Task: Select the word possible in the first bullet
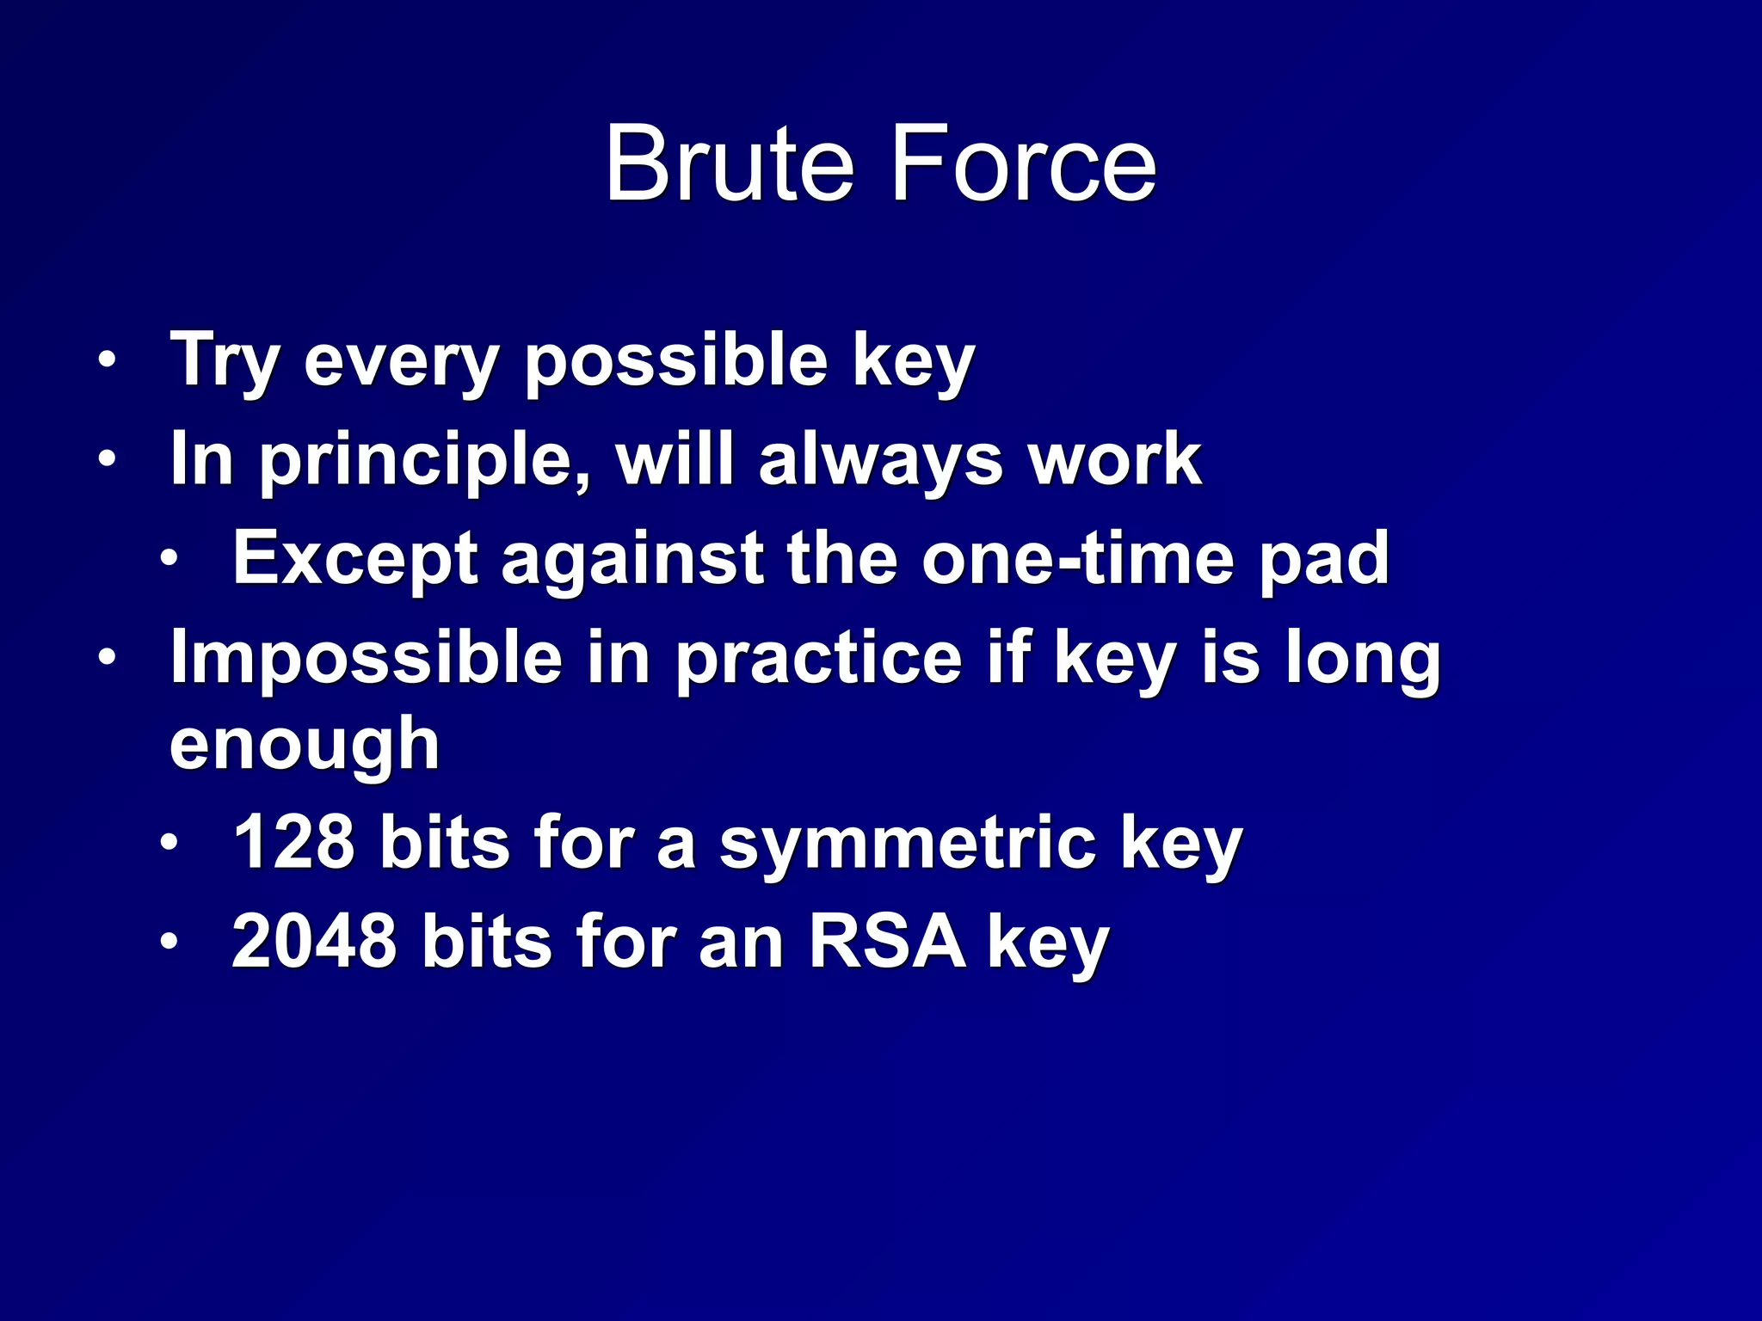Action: (x=675, y=361)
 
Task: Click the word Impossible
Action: (x=366, y=658)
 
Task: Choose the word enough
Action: (x=305, y=745)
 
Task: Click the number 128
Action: (x=293, y=843)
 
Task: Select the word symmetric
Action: (x=907, y=845)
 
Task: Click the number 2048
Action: (x=314, y=942)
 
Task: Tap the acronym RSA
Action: (x=887, y=942)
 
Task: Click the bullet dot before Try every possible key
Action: (x=106, y=359)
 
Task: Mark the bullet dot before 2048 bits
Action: (x=169, y=942)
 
